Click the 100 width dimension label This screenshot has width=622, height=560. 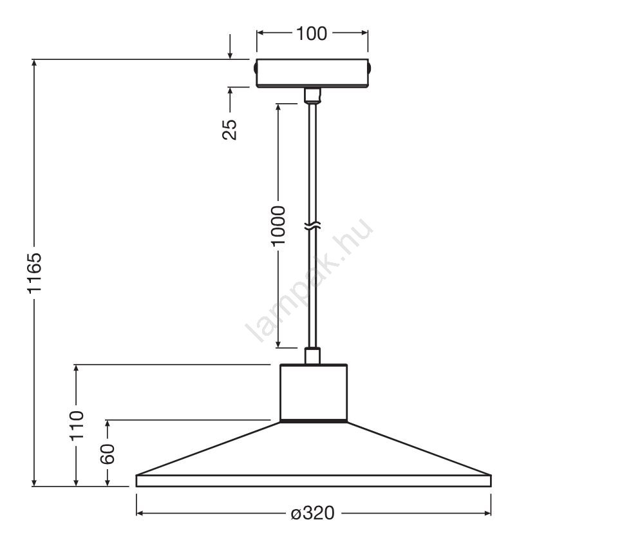coord(312,34)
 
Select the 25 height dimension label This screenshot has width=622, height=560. coord(229,130)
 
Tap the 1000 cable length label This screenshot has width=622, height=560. coord(278,226)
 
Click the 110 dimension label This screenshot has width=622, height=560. coord(77,425)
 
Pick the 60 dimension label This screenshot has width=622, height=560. coord(108,454)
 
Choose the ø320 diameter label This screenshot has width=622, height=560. coord(312,513)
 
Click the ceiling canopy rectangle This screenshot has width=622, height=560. coord(312,73)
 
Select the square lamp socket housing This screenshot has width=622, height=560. coord(314,392)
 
